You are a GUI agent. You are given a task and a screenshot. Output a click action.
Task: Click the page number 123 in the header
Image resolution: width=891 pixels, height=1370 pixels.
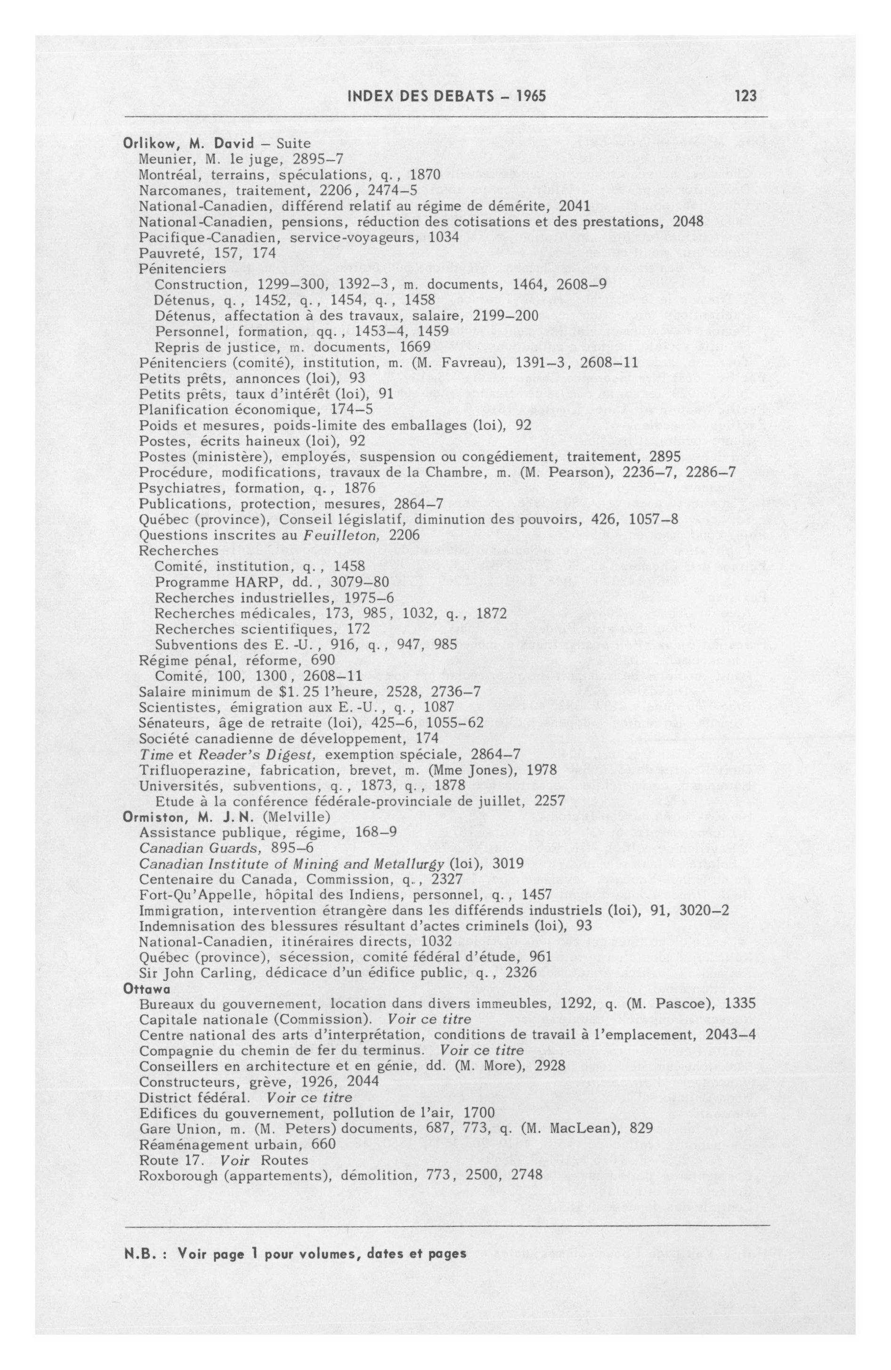745,96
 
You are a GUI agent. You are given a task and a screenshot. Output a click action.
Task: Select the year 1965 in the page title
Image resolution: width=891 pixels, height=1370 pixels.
530,96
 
